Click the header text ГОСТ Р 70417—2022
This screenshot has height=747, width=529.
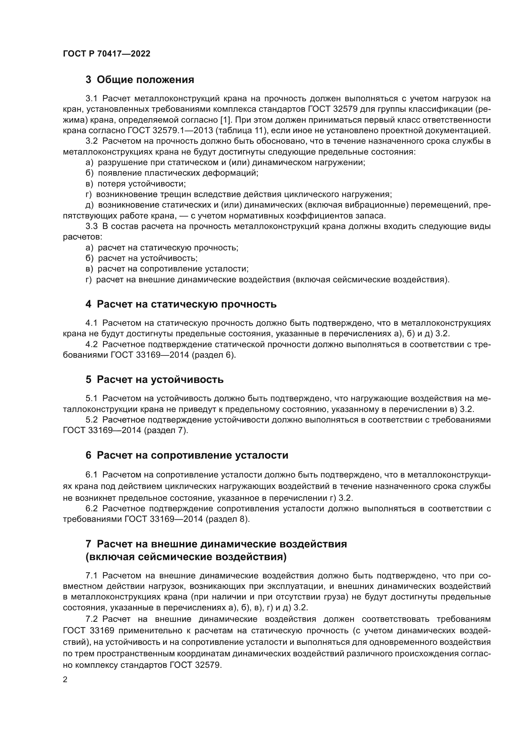click(x=107, y=54)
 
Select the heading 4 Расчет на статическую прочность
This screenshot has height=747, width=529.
click(x=181, y=304)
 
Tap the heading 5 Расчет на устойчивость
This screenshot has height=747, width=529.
click(x=154, y=379)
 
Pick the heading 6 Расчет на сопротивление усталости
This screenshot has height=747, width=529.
click(x=187, y=455)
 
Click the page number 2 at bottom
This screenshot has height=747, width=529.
click(x=65, y=680)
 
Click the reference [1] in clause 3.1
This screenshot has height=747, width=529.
click(x=225, y=120)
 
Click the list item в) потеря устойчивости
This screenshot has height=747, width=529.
click(x=136, y=184)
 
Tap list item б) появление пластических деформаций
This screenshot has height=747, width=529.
click(x=172, y=173)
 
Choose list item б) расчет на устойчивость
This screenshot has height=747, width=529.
click(x=141, y=258)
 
